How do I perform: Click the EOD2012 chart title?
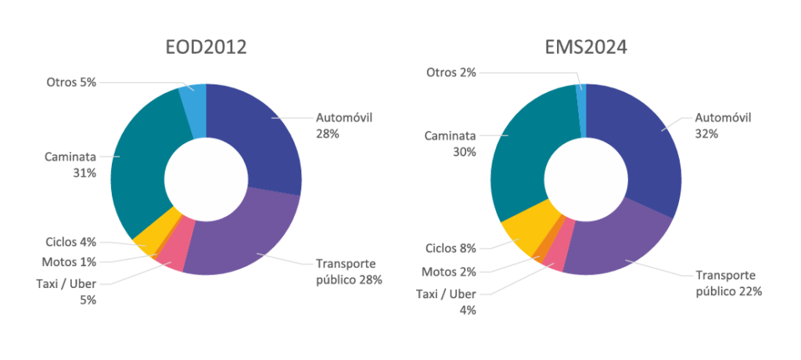point(207,48)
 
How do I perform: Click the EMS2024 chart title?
point(587,48)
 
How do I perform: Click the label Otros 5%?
point(70,81)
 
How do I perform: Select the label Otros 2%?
point(451,73)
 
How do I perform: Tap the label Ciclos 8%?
point(451,249)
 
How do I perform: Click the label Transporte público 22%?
point(725,283)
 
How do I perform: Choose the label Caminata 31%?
point(70,164)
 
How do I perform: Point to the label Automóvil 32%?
point(724,125)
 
